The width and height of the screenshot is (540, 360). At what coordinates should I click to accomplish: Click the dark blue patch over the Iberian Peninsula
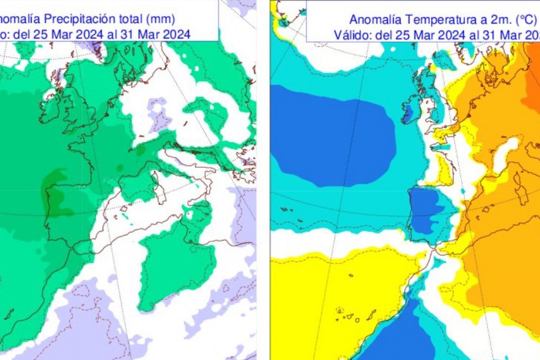[x=425, y=207]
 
